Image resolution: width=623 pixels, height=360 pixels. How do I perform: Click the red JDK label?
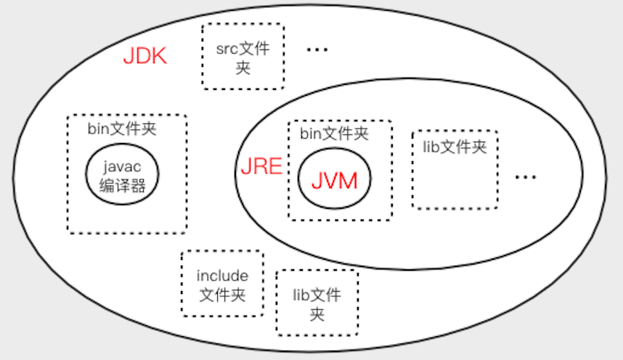tap(145, 56)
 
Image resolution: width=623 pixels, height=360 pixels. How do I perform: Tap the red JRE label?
tap(261, 166)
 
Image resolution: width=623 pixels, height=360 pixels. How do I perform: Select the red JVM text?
tap(335, 181)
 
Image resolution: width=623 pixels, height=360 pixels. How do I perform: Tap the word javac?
tap(122, 167)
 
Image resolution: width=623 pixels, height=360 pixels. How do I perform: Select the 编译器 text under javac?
tap(123, 186)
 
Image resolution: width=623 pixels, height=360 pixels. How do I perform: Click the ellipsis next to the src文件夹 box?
tap(317, 49)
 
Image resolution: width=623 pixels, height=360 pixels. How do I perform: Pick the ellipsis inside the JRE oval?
tap(525, 177)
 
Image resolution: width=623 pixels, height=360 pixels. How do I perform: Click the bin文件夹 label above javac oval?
tap(122, 128)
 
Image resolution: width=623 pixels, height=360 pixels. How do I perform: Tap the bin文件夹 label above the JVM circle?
tap(334, 134)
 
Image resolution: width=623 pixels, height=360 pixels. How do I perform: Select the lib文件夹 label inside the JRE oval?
tap(455, 147)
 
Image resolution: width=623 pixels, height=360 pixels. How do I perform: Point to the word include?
tap(222, 276)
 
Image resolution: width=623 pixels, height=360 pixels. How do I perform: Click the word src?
tap(227, 49)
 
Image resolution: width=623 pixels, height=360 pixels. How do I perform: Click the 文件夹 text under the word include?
tap(222, 295)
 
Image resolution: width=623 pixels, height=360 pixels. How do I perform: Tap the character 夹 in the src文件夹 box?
tap(243, 68)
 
